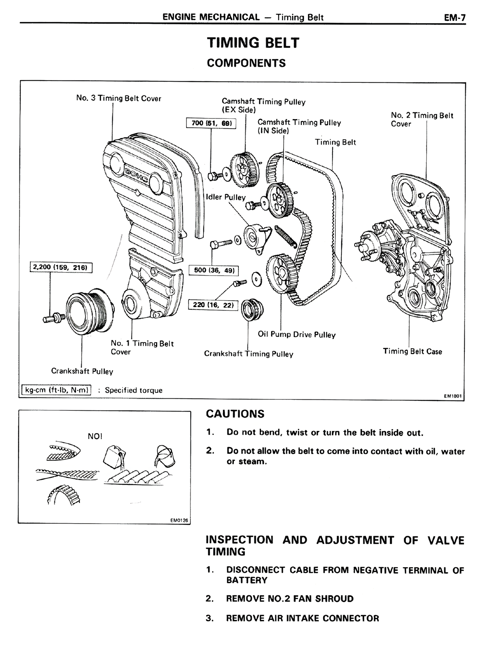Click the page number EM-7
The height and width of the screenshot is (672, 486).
pyautogui.click(x=454, y=17)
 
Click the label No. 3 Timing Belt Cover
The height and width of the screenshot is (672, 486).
pyautogui.click(x=118, y=98)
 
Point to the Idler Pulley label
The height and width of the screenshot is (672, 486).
pyautogui.click(x=226, y=197)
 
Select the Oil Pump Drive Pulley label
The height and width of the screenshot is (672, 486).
pyautogui.click(x=297, y=334)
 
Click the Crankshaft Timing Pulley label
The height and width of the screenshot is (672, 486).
pyautogui.click(x=249, y=354)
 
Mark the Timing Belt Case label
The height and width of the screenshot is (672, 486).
pyautogui.click(x=412, y=351)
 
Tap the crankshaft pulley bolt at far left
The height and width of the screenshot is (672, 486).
pyautogui.click(x=52, y=317)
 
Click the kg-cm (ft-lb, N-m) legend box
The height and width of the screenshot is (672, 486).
pyautogui.click(x=56, y=390)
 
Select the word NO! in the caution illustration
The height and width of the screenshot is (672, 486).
pyautogui.click(x=95, y=436)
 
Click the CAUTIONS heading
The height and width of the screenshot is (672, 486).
pyautogui.click(x=235, y=414)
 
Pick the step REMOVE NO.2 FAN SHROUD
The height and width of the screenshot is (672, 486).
pyautogui.click(x=289, y=599)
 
